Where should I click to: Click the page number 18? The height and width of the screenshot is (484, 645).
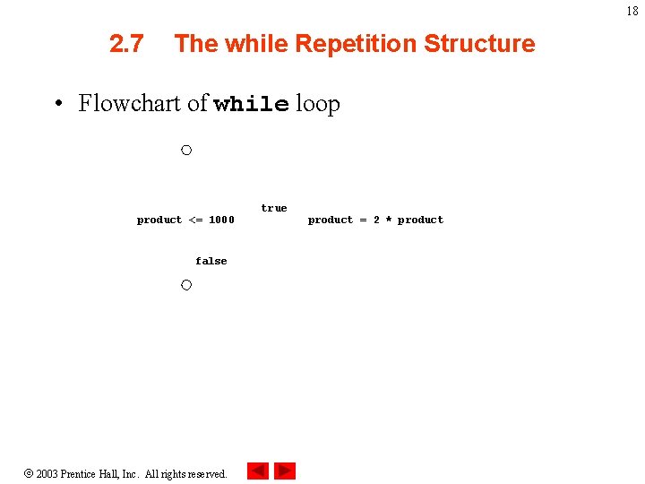632,12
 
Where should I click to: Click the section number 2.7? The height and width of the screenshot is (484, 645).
126,44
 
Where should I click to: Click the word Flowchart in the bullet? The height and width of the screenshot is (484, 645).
131,104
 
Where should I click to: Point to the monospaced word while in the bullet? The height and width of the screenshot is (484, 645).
251,105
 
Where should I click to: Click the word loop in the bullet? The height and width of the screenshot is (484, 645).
318,104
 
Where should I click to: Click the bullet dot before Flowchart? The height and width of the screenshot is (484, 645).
58,104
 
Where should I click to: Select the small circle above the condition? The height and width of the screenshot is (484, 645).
185,150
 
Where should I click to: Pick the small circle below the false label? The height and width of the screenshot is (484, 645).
185,285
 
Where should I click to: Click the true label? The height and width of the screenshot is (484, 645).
274,208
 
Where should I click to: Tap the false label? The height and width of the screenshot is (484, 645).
211,261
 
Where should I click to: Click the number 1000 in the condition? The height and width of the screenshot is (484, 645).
221,220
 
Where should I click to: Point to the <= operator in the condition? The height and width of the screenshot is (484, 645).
195,220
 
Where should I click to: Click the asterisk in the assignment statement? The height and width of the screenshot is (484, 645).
388,220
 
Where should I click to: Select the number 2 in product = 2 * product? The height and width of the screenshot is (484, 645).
376,220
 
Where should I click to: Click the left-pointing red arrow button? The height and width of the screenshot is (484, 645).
258,471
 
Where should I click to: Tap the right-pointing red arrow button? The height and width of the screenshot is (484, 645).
285,471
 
